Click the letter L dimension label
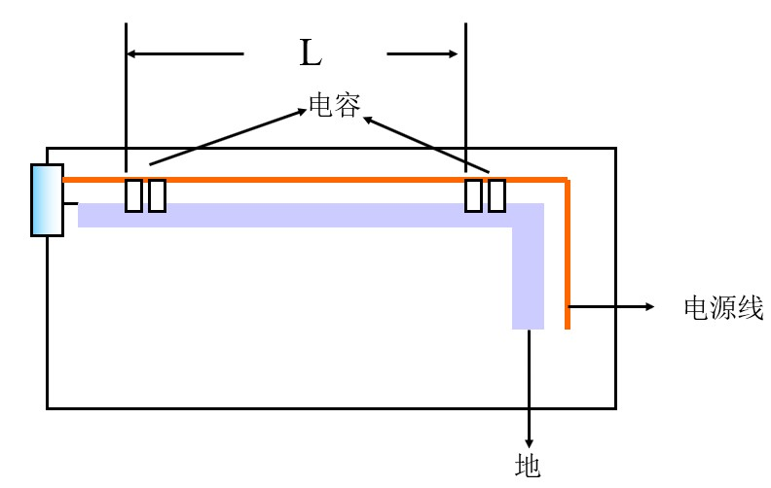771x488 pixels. (x=310, y=54)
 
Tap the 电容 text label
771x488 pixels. (x=334, y=105)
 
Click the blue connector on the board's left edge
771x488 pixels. (x=47, y=200)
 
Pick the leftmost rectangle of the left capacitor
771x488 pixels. (x=134, y=195)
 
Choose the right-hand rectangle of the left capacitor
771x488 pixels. (x=157, y=195)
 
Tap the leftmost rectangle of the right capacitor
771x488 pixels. (x=474, y=195)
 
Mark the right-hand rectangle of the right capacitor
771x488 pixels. (x=496, y=195)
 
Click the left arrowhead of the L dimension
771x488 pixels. (x=134, y=54)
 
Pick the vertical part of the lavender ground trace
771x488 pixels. (x=528, y=272)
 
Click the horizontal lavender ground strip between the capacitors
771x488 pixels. (x=312, y=215)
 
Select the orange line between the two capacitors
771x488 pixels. (x=312, y=180)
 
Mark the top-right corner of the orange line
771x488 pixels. (x=566, y=180)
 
